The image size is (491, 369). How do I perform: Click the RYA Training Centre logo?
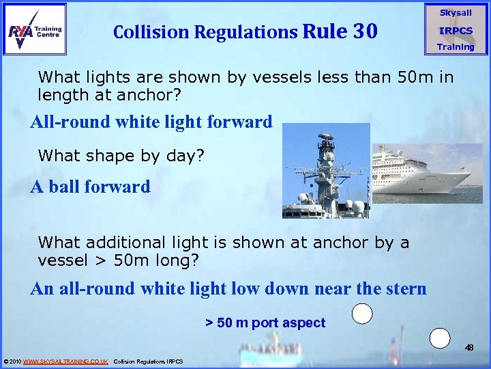pos(35,29)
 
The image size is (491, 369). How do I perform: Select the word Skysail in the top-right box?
pos(455,13)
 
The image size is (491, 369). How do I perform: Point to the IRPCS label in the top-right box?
pos(455,31)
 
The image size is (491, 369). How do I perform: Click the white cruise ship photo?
pos(426,173)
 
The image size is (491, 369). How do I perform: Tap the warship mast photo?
pos(325,171)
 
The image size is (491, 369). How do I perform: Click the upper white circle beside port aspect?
pos(362,314)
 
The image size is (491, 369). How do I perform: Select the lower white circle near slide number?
pos(441,338)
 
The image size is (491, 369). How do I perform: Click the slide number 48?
pos(469,348)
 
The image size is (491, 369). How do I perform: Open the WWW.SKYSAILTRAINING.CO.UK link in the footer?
pos(65,361)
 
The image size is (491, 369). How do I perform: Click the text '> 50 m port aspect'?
pos(265,323)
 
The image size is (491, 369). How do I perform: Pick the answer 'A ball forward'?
pos(90,187)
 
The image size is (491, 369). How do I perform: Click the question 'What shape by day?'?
pos(121,156)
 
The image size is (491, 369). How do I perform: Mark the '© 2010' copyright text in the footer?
pos(12,361)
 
